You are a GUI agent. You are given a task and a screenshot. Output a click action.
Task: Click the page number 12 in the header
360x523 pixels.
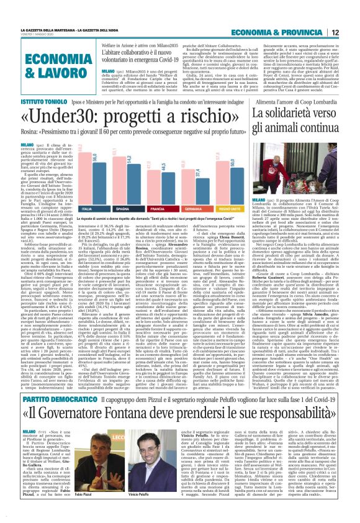coord(351,14)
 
